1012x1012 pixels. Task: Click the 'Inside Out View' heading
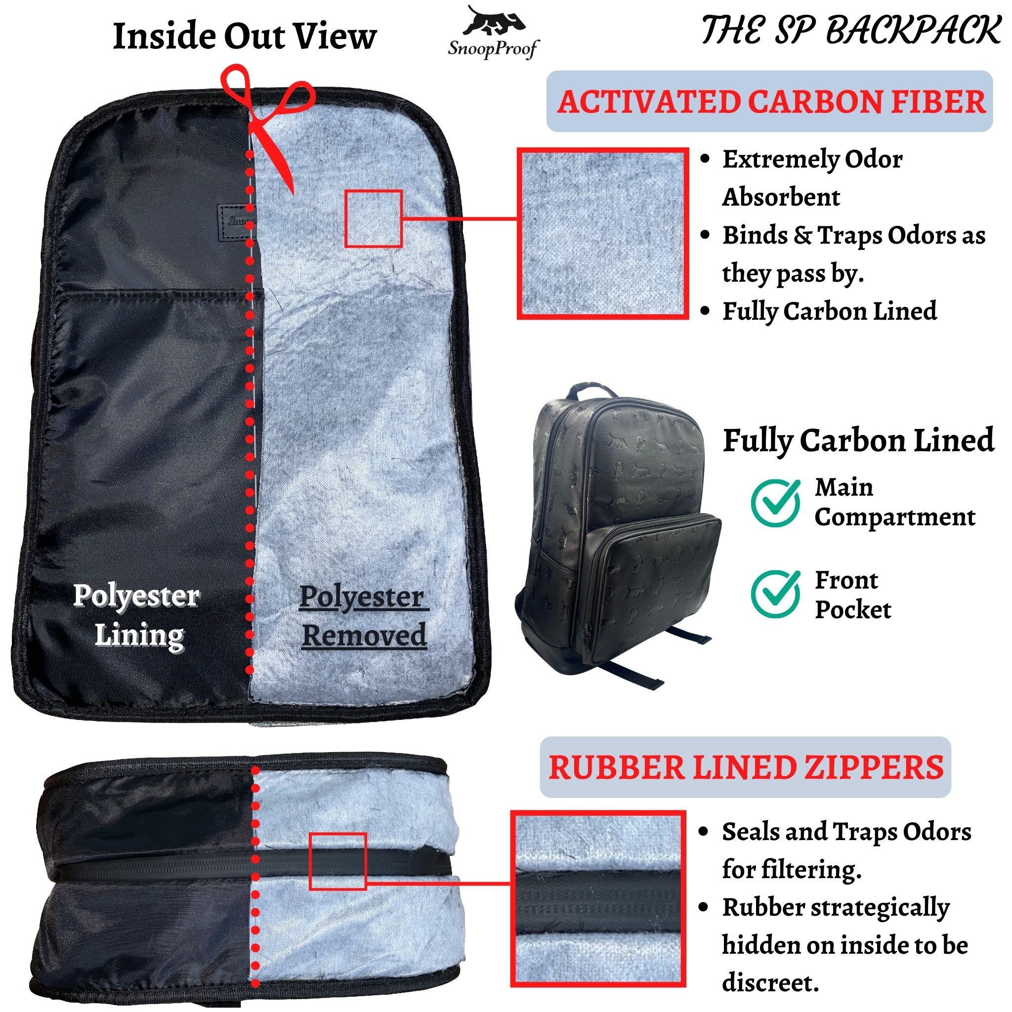point(245,36)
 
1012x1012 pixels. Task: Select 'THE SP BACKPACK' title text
point(851,30)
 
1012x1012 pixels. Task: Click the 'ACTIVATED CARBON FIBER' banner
point(769,101)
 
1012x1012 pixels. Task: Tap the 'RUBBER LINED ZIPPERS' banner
point(745,767)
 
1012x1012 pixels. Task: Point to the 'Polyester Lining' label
point(137,616)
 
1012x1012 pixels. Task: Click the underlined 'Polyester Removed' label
point(364,617)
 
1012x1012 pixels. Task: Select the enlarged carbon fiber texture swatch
point(602,233)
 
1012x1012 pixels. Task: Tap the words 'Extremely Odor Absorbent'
point(812,178)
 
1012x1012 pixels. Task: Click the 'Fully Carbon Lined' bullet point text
point(830,311)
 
